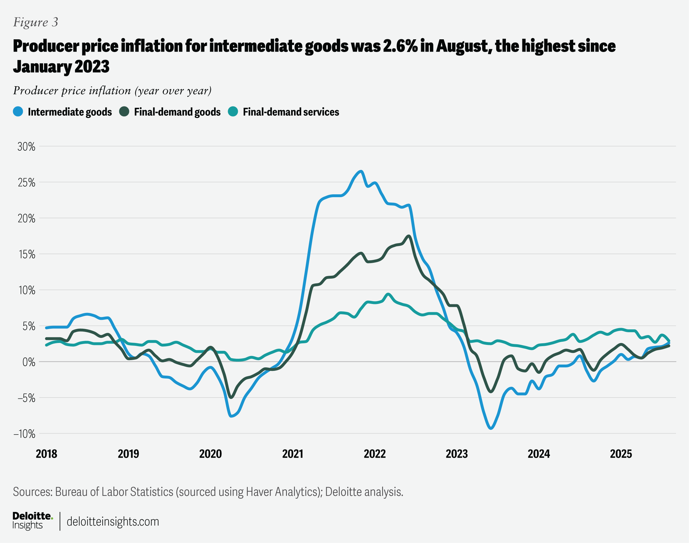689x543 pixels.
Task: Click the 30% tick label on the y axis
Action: [x=26, y=147]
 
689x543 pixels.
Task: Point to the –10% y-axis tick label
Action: [x=24, y=434]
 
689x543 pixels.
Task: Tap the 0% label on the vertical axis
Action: [x=29, y=362]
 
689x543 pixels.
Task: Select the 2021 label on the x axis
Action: [x=293, y=454]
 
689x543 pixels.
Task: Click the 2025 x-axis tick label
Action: [x=621, y=454]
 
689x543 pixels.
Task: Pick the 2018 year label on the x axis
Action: [x=46, y=454]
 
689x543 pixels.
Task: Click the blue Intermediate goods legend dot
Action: [x=18, y=112]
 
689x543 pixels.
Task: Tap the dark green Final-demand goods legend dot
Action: [x=124, y=112]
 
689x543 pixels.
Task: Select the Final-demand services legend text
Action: [x=291, y=112]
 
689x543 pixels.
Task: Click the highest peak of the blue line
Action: [x=361, y=172]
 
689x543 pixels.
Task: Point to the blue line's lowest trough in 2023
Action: [x=491, y=428]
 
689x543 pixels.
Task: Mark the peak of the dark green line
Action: [x=409, y=236]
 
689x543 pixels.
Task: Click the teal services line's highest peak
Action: [x=388, y=294]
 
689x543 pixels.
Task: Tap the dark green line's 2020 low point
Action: [x=231, y=398]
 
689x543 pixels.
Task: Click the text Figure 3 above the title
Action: [x=35, y=22]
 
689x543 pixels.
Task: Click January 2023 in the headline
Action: [x=61, y=67]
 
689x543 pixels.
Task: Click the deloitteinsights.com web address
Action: [x=113, y=522]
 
